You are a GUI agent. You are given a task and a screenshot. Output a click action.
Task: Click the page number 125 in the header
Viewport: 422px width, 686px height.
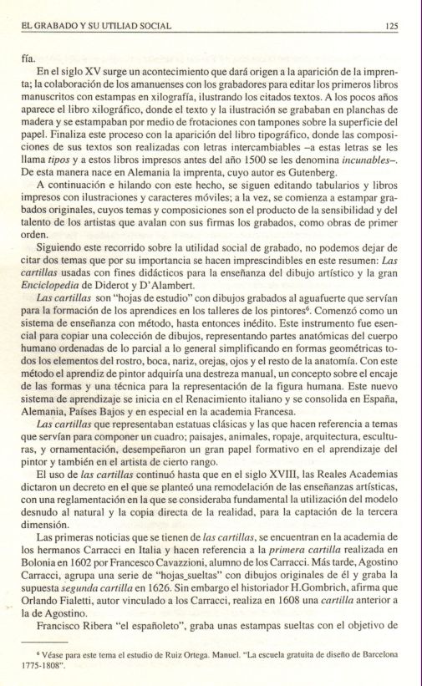[391, 26]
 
